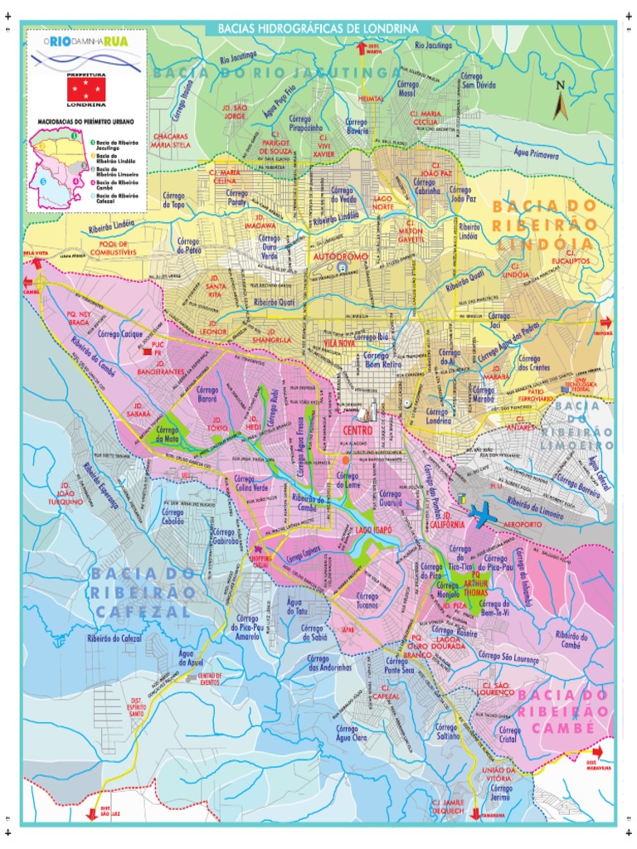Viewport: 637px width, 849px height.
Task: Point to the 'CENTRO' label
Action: [357, 430]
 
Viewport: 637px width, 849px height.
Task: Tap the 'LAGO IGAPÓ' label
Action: [373, 530]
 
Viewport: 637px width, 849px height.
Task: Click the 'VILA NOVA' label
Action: [339, 342]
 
